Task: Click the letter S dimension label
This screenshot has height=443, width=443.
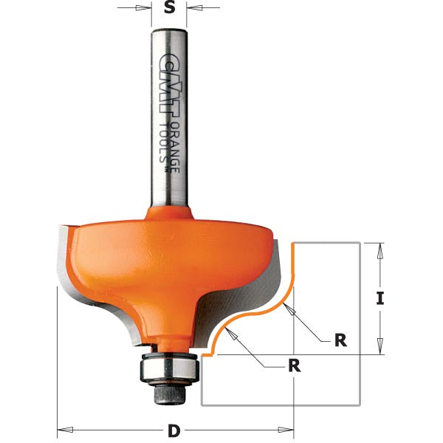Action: tap(169, 8)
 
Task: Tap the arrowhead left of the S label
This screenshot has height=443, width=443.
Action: tap(147, 9)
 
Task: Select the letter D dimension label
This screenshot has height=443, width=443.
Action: tap(174, 430)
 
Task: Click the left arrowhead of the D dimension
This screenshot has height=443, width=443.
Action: tap(63, 428)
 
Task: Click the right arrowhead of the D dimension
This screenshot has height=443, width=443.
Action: tap(288, 428)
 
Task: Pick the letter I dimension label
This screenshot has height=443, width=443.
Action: tap(380, 299)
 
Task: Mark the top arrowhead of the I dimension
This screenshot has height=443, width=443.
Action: tap(380, 250)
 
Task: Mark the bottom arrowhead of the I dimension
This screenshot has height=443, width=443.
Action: tap(380, 348)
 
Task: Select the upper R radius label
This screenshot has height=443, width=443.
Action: tap(340, 340)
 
